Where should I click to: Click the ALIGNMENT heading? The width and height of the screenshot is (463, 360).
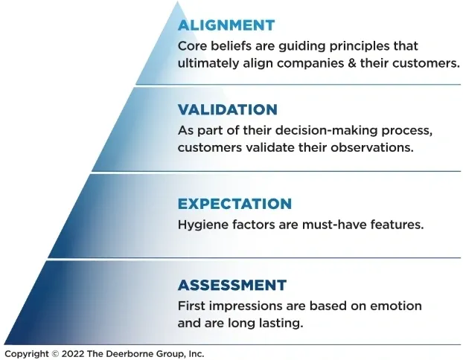pyautogui.click(x=226, y=25)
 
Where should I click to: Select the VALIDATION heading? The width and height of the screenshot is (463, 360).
pyautogui.click(x=228, y=109)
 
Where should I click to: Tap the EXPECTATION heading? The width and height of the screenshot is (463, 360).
pyautogui.click(x=234, y=204)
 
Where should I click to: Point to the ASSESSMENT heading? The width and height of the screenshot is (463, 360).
pyautogui.click(x=232, y=285)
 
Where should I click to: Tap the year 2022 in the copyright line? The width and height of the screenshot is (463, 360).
pyautogui.click(x=73, y=353)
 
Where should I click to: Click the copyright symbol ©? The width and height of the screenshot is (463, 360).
pyautogui.click(x=55, y=353)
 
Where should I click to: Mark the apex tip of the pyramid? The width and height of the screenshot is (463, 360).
pyautogui.click(x=177, y=1)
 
